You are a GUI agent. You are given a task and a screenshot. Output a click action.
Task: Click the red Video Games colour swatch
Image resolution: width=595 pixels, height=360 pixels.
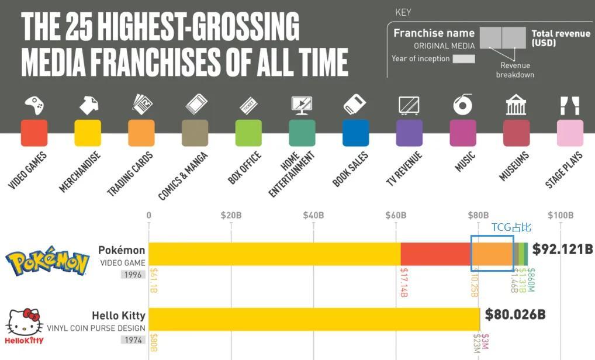click(x=34, y=133)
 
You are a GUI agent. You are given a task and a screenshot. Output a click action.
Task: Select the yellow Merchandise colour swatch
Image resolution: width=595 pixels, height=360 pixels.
click(x=88, y=133)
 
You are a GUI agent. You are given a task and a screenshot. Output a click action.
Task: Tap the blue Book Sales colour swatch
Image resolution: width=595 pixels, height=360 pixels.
click(x=355, y=133)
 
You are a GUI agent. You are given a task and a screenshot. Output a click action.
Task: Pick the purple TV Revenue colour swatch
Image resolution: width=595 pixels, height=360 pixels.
click(x=409, y=133)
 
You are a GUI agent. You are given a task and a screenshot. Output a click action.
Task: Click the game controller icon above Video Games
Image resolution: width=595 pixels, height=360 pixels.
click(x=34, y=105)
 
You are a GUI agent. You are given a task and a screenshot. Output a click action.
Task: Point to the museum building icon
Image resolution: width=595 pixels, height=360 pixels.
click(x=516, y=105)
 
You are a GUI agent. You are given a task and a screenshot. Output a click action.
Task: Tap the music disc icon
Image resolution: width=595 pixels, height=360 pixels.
click(x=462, y=105)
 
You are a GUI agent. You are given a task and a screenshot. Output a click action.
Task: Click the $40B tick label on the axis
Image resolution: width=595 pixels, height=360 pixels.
click(x=313, y=215)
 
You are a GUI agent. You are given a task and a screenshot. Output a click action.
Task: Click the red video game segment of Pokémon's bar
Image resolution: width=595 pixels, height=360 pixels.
click(x=435, y=254)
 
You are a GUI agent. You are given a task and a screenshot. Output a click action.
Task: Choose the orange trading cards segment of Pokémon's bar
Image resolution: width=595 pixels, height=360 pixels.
click(x=492, y=254)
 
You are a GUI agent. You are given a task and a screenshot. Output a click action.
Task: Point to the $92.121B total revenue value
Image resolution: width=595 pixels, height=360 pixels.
click(x=562, y=249)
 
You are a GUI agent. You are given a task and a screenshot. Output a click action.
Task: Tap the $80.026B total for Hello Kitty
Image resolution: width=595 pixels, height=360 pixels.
click(x=515, y=315)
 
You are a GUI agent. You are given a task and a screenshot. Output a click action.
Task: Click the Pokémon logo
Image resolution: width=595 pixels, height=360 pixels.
click(x=47, y=261)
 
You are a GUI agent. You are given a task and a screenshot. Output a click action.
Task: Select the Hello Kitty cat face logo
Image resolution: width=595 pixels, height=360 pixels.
click(x=24, y=322)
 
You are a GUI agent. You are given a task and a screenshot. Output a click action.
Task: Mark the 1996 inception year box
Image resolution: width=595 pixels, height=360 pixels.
click(x=133, y=274)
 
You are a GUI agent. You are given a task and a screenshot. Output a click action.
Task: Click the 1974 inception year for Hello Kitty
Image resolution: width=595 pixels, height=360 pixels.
click(x=133, y=340)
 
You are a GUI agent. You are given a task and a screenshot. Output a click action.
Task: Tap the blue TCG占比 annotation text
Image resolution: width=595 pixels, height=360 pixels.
click(x=511, y=227)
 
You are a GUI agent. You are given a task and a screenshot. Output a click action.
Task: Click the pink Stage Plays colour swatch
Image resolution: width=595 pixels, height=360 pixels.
click(x=570, y=133)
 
